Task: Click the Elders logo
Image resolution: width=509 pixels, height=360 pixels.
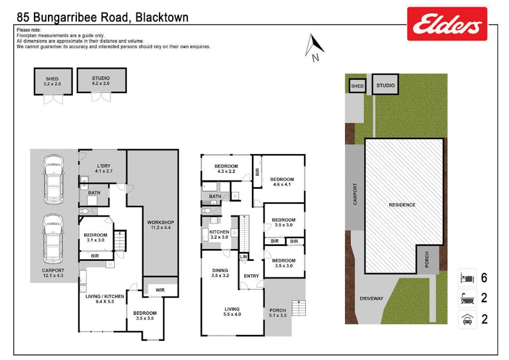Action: click(x=447, y=24)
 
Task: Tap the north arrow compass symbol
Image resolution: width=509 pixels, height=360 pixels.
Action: click(x=314, y=46)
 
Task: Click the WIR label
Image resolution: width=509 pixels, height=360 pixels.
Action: click(x=161, y=290)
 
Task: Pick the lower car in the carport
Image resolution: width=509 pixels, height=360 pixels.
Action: click(x=54, y=239)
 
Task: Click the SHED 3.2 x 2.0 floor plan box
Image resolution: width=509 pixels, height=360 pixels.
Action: click(x=52, y=81)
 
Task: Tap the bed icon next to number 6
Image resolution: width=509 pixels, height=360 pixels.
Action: click(x=467, y=278)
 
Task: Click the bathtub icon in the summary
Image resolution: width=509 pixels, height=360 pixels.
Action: click(x=467, y=299)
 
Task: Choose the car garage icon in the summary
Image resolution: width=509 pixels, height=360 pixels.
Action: click(x=467, y=320)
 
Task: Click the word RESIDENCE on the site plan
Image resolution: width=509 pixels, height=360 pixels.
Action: click(x=402, y=205)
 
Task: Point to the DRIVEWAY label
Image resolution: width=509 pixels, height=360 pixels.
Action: click(x=371, y=299)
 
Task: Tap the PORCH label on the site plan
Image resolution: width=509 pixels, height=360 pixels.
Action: click(x=427, y=260)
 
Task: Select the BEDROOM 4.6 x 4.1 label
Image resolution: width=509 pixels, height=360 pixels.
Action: click(x=282, y=182)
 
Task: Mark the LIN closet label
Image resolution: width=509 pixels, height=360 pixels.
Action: click(x=244, y=257)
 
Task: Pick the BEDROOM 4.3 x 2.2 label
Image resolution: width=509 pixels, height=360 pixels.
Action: click(x=226, y=169)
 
